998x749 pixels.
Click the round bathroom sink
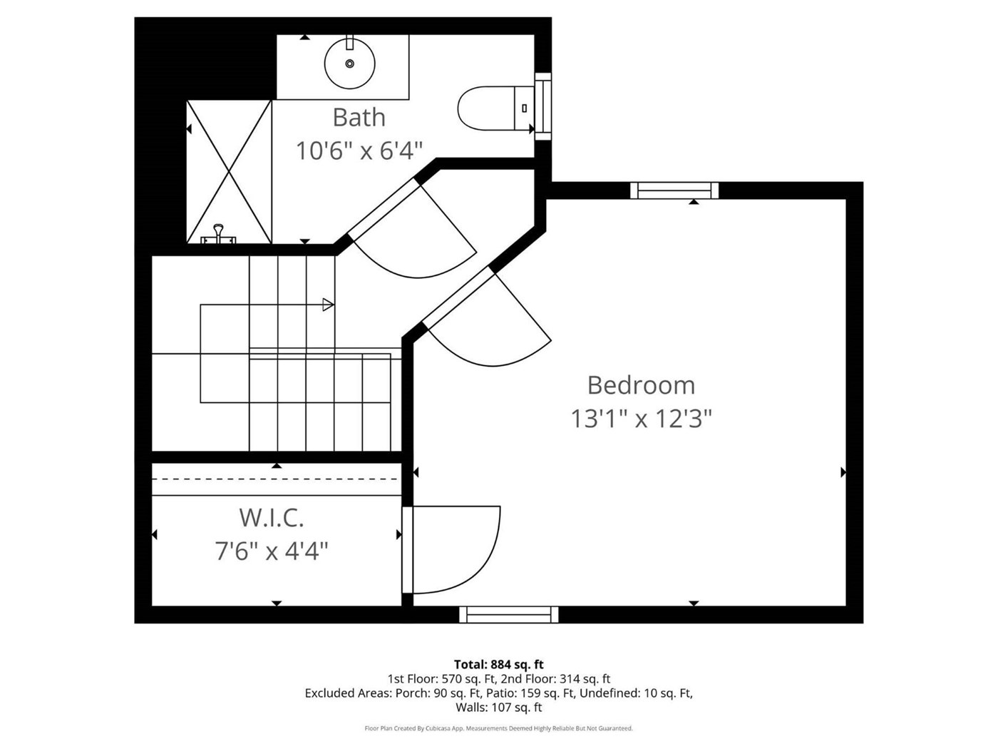click(349, 63)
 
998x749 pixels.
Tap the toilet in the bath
click(495, 108)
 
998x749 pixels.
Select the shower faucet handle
click(218, 233)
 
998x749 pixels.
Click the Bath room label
click(359, 117)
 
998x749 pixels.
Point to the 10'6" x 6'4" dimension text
click(359, 151)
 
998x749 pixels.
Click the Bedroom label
click(641, 385)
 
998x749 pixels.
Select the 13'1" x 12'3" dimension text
click(641, 419)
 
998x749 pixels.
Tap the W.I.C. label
click(272, 518)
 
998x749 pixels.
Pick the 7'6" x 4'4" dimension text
click(272, 551)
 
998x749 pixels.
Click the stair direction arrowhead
click(329, 305)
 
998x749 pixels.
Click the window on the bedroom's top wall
click(674, 190)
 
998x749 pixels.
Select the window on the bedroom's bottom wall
click(509, 614)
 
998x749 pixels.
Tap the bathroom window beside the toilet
click(543, 106)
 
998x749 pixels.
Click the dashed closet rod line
click(276, 479)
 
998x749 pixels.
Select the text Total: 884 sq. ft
click(499, 664)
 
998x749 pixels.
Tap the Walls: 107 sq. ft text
click(499, 707)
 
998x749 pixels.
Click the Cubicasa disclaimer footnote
click(499, 728)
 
